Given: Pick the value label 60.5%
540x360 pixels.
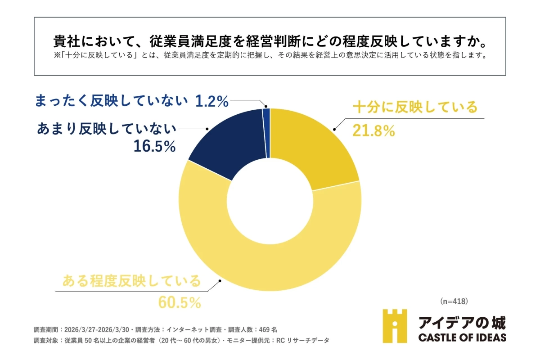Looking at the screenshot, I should click(x=179, y=302).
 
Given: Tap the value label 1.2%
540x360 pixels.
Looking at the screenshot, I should click(x=212, y=102).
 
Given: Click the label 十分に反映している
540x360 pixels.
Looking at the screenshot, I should click(x=414, y=108).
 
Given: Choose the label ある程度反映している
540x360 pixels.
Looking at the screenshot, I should click(x=131, y=281).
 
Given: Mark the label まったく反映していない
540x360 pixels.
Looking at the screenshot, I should click(x=111, y=101).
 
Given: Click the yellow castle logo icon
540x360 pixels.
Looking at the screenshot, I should click(x=395, y=326).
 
